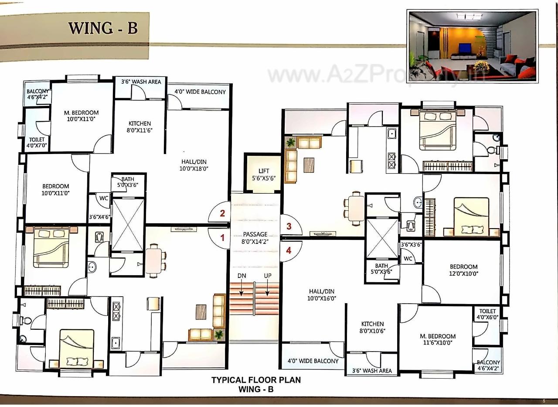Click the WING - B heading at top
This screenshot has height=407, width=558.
103,27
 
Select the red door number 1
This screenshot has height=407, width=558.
222,238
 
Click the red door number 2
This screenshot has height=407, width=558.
222,213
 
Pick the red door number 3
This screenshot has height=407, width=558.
289,226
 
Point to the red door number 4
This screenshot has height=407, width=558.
289,250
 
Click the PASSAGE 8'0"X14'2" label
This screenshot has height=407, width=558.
255,238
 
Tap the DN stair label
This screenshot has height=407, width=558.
242,276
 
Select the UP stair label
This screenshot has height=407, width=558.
268,276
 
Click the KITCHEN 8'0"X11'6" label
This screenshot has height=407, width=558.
139,127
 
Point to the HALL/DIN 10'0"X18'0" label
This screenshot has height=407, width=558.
194,164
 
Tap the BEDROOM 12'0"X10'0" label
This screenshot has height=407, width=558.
463,270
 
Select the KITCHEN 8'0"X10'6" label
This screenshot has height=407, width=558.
372,327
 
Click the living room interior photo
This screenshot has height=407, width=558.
473,45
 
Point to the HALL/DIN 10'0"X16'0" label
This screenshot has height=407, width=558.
323,295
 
